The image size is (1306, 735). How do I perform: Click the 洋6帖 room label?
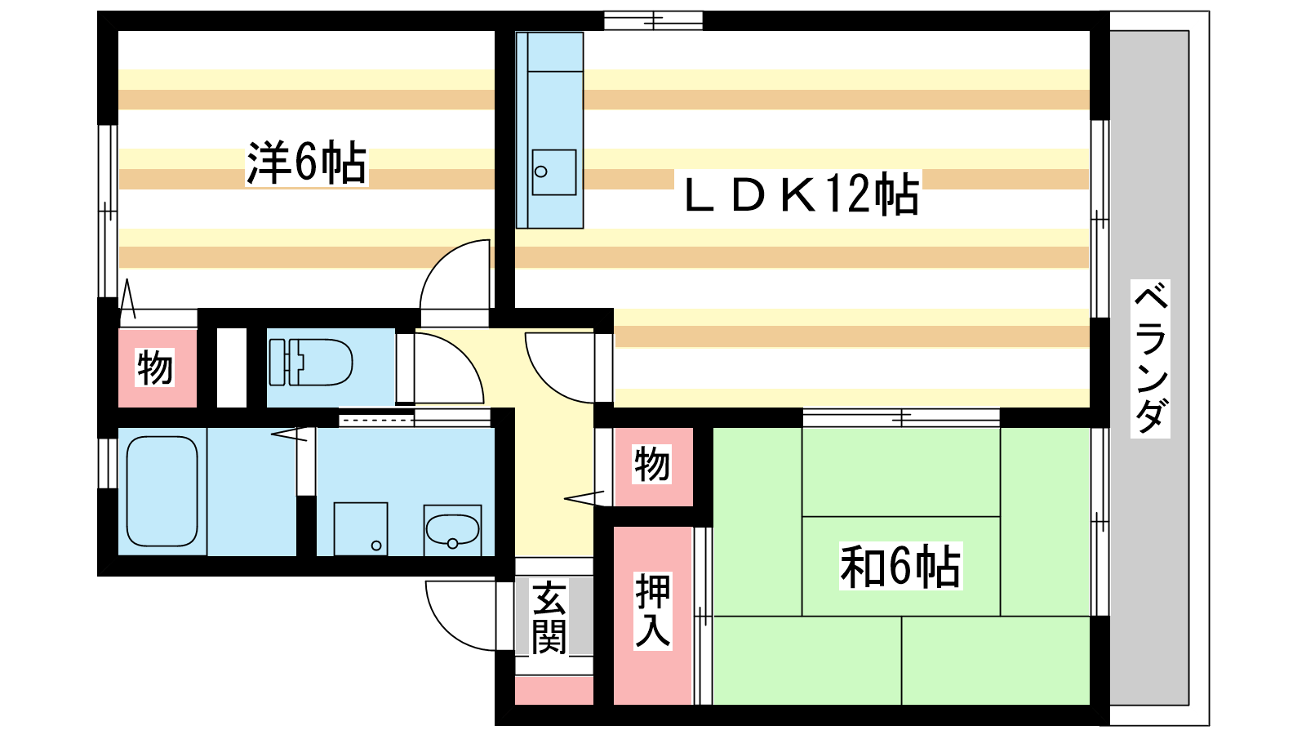click(307, 163)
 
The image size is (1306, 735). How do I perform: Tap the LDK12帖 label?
click(802, 194)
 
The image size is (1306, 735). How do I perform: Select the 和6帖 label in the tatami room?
click(900, 566)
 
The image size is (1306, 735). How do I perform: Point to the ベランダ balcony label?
click(1150, 359)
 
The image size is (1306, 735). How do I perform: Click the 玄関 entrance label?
click(549, 617)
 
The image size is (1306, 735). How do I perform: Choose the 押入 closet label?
click(653, 611)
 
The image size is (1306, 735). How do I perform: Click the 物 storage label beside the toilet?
click(155, 367)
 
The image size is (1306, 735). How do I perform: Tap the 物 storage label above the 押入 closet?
click(652, 465)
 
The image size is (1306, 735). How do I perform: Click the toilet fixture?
click(311, 363)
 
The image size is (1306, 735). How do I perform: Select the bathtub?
click(162, 491)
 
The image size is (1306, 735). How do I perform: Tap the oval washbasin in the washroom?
click(452, 530)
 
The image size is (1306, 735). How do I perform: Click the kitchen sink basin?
click(554, 172)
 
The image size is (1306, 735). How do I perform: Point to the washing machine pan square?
click(361, 529)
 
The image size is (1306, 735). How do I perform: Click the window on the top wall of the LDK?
click(653, 21)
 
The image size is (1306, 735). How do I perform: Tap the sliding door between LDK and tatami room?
click(901, 417)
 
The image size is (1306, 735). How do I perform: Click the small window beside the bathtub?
click(108, 463)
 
